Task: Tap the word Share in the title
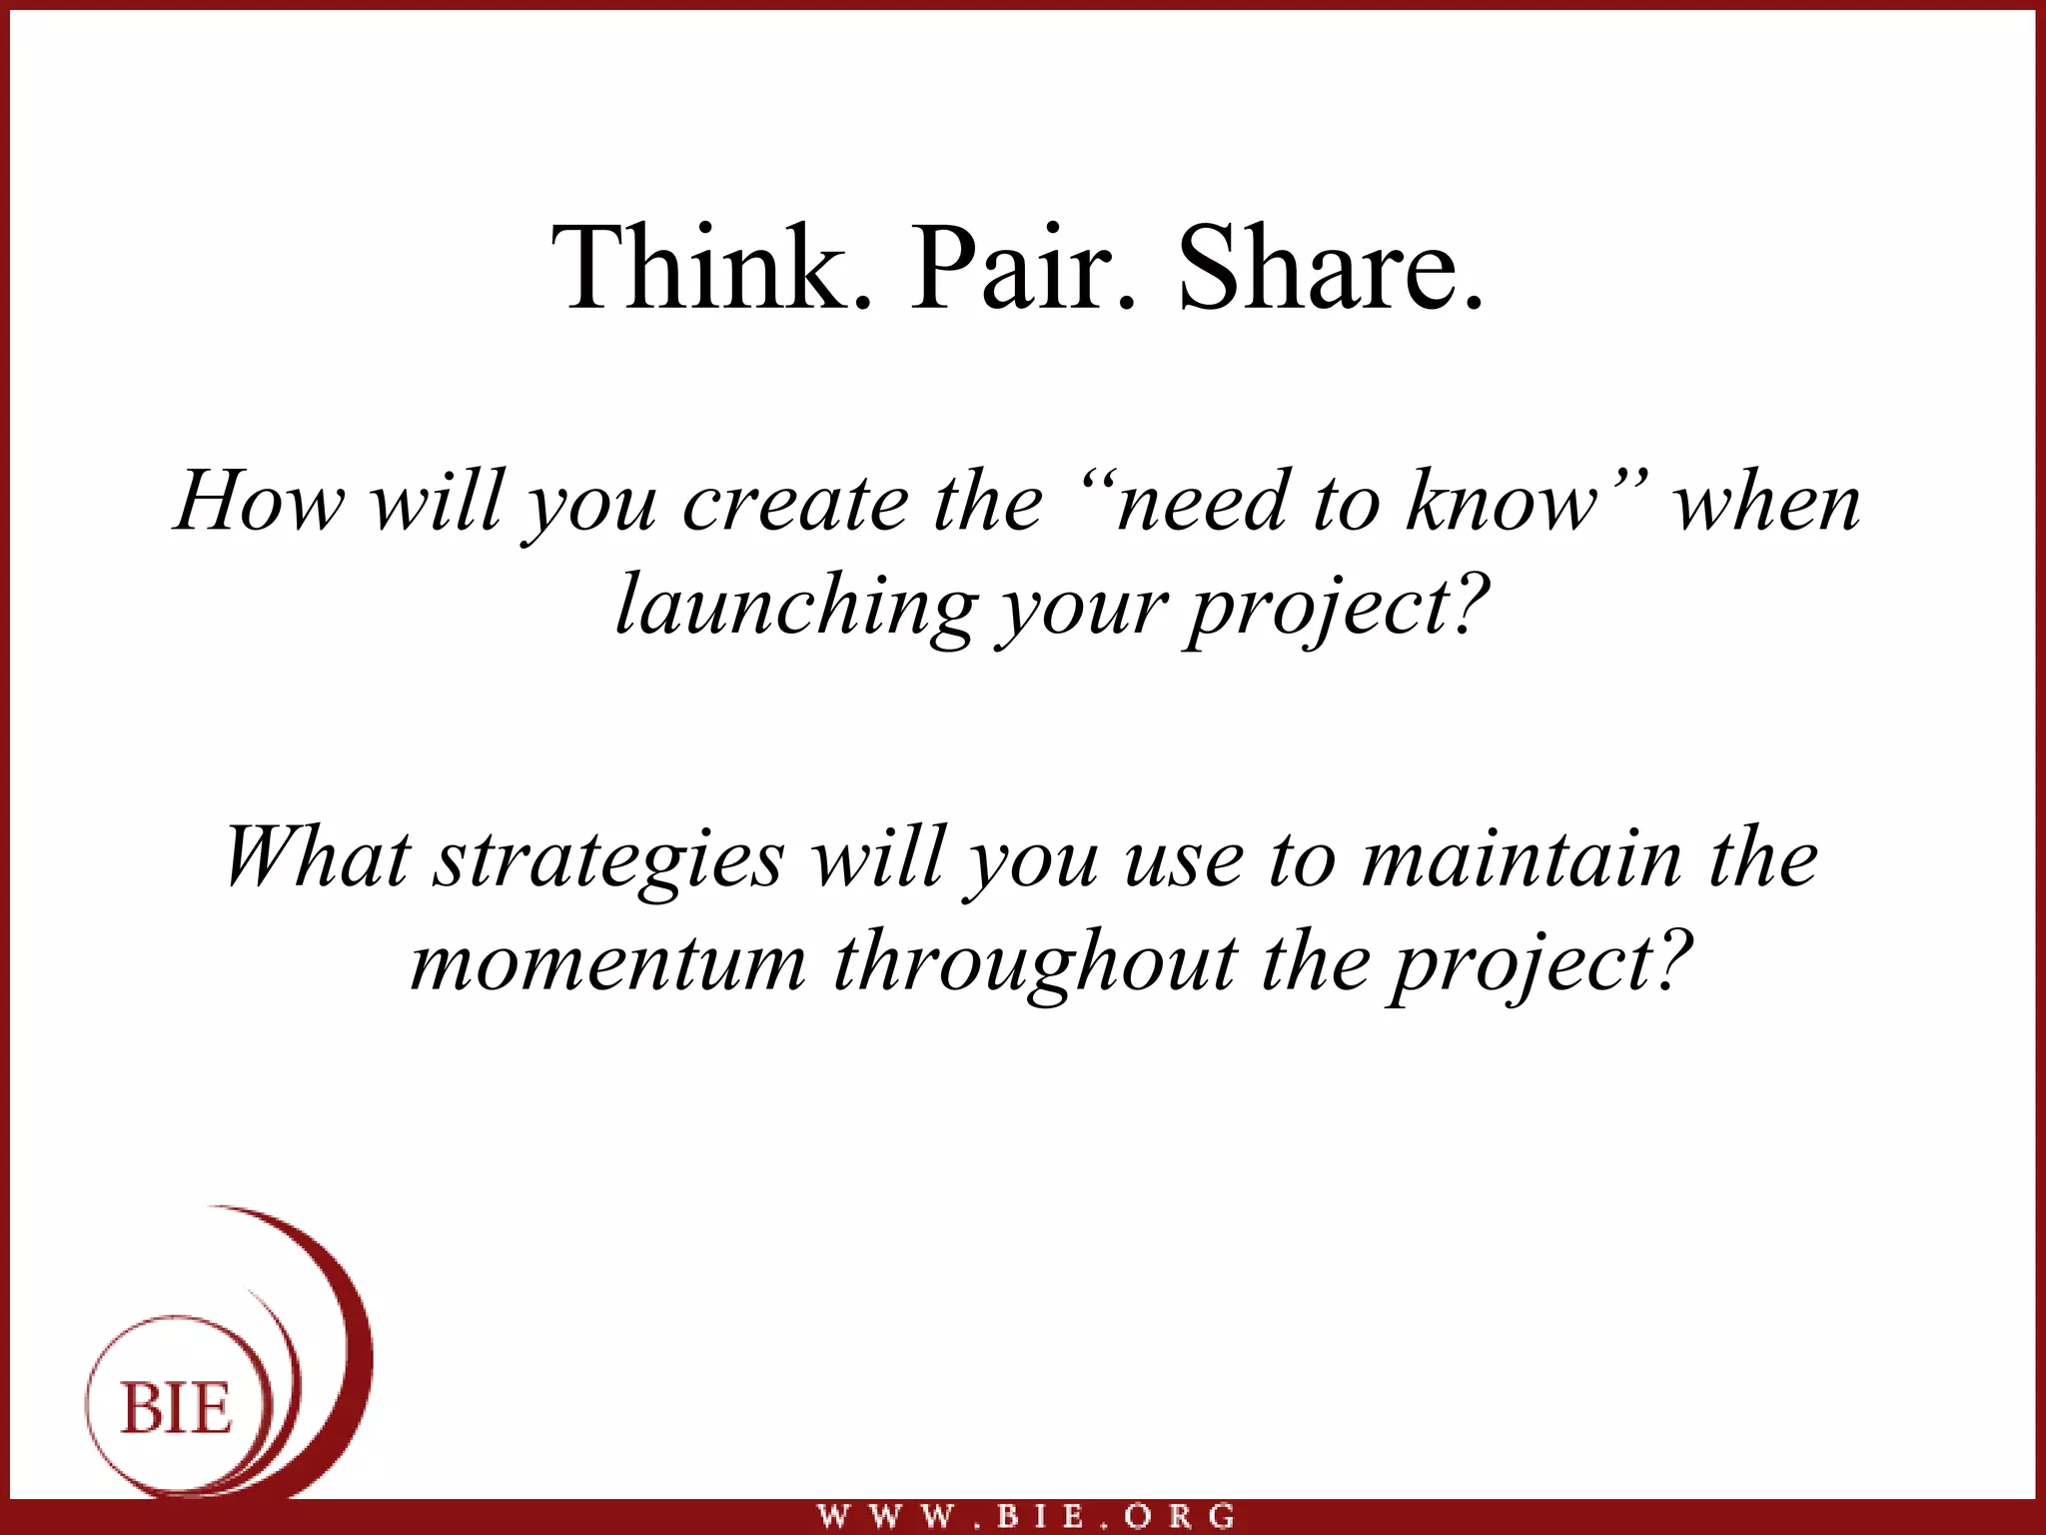coord(1317,268)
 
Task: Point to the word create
coord(794,504)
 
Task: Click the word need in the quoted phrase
coord(1199,504)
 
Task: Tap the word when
coord(1766,504)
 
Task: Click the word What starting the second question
coord(318,857)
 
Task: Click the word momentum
coord(608,963)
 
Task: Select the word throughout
coord(1035,963)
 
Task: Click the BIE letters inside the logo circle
coord(176,1410)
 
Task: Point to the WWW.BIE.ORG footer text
coord(1026,1516)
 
